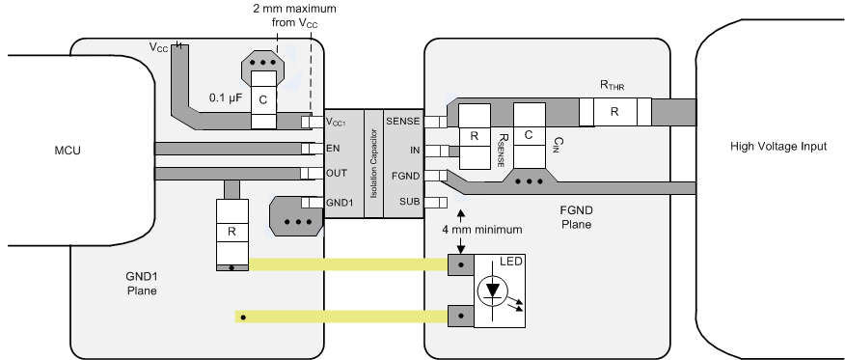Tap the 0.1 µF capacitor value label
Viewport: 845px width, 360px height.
click(x=229, y=97)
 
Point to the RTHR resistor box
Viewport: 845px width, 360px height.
click(x=613, y=112)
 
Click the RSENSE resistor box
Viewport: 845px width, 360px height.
click(x=475, y=136)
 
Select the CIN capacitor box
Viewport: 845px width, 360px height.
click(x=530, y=136)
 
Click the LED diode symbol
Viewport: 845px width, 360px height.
click(x=494, y=290)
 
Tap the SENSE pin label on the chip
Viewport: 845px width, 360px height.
click(x=401, y=122)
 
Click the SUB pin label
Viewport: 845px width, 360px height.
click(x=407, y=202)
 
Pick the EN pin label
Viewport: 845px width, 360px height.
click(x=334, y=149)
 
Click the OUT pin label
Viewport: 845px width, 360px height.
click(x=337, y=175)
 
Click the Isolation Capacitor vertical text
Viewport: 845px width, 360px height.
click(x=370, y=162)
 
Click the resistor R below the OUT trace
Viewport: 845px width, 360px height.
click(x=231, y=232)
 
